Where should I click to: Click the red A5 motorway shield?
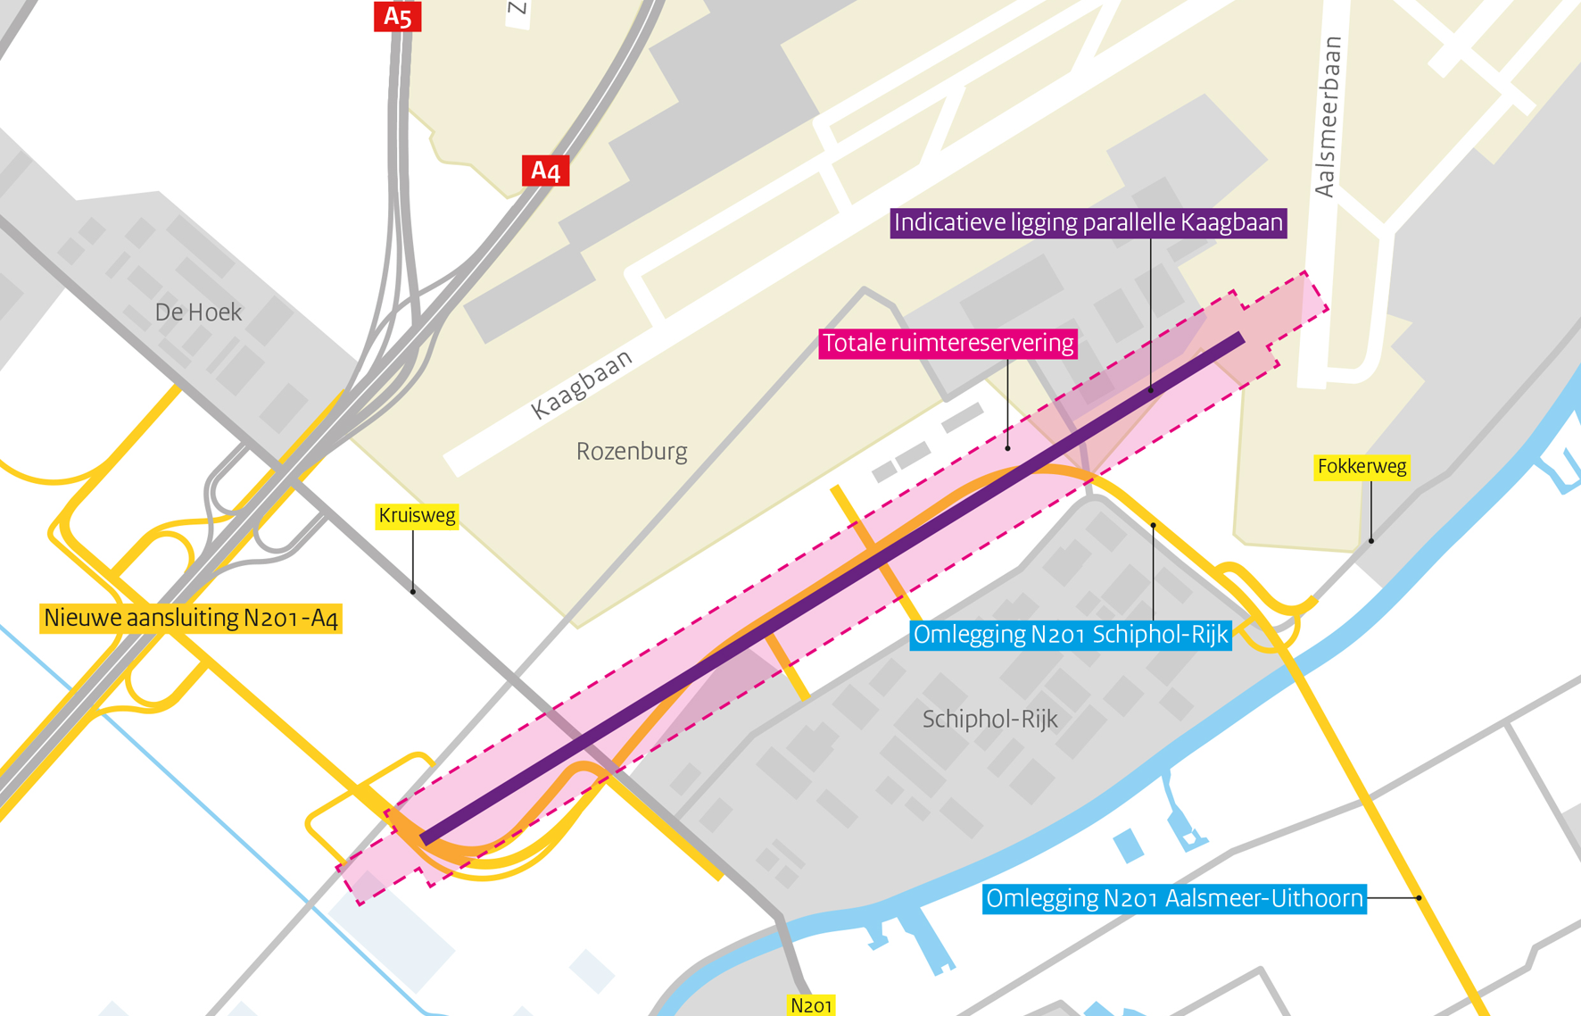click(397, 16)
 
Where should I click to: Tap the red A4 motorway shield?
click(545, 171)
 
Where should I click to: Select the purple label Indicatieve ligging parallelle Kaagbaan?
click(1088, 223)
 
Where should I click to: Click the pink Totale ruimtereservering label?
click(948, 344)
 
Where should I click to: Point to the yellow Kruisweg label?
click(417, 516)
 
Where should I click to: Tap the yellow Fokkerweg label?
click(1362, 467)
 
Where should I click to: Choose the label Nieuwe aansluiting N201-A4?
click(191, 618)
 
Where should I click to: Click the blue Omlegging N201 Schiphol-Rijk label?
click(1071, 635)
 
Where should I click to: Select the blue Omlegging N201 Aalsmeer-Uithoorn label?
click(1174, 898)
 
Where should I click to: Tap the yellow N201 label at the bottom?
click(811, 1005)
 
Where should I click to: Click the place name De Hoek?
click(198, 312)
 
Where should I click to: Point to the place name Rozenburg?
click(632, 452)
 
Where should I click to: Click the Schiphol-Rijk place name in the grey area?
click(989, 720)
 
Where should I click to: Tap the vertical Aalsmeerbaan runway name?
click(1329, 116)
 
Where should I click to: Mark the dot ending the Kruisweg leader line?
click(412, 591)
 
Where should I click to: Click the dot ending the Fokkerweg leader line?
click(1371, 540)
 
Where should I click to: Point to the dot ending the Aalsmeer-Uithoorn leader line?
click(1419, 897)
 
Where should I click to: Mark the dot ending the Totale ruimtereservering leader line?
click(1008, 447)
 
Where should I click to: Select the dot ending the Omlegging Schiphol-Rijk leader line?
click(1153, 526)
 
